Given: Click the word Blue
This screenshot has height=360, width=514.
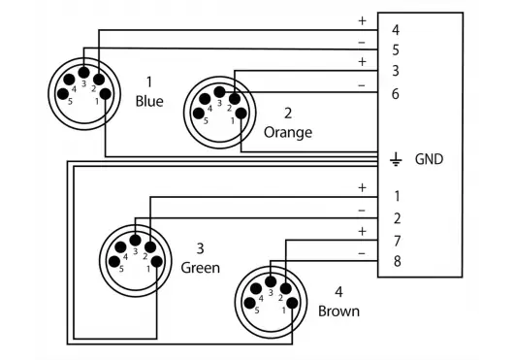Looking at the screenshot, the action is [149, 101].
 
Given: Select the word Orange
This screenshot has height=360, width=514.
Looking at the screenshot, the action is [288, 133].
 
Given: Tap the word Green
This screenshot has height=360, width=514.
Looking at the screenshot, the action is [201, 268].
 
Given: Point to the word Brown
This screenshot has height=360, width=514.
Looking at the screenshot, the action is [338, 311].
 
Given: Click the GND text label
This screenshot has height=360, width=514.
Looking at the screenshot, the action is [429, 159].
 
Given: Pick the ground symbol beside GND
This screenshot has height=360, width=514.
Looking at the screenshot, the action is [396, 159].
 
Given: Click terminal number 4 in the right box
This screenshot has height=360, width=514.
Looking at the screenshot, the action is [396, 30].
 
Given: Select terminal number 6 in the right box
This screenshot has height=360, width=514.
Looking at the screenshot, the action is [396, 94].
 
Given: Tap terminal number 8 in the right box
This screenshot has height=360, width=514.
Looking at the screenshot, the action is [397, 261].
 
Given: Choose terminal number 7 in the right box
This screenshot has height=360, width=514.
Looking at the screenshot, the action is [397, 241].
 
